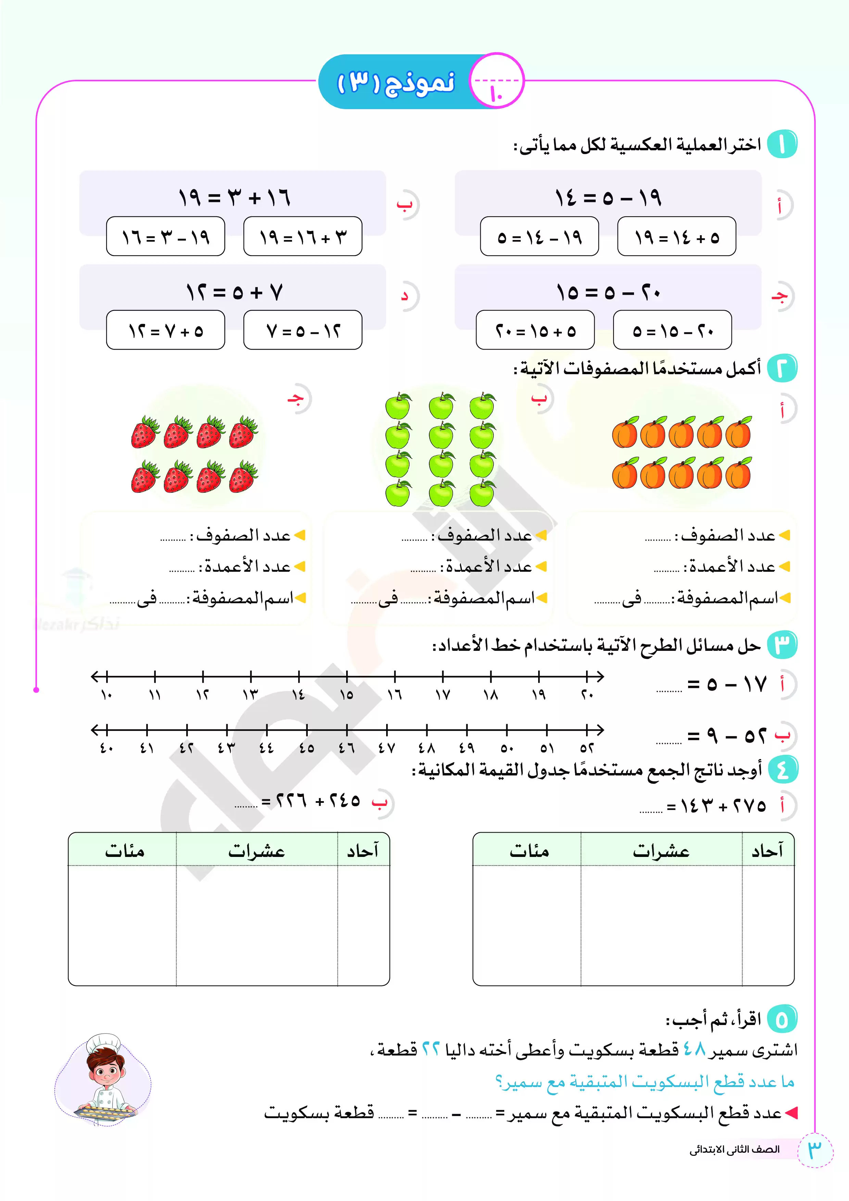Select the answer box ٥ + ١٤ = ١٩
point(676,237)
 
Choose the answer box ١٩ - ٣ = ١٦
point(165,237)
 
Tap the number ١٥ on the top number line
point(346,695)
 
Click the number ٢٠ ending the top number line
point(587,695)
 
